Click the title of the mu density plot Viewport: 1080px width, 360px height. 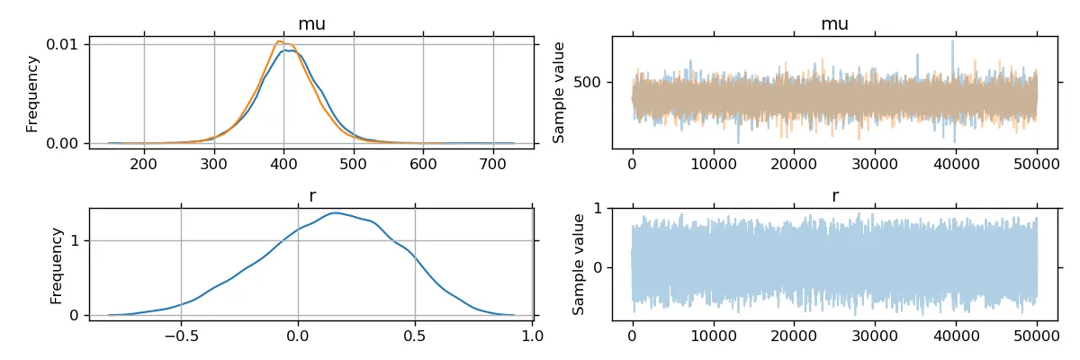(x=311, y=24)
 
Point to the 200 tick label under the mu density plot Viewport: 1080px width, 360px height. (x=144, y=163)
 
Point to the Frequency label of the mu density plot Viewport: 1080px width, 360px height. (x=32, y=94)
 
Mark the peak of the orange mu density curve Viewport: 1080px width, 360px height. (x=279, y=41)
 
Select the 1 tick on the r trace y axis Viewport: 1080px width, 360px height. (x=596, y=208)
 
